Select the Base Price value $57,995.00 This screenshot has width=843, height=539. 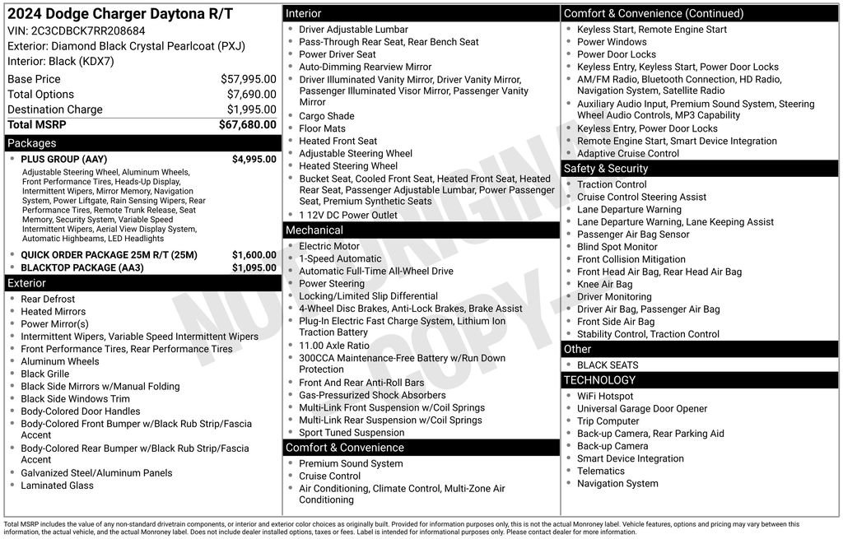[x=248, y=79]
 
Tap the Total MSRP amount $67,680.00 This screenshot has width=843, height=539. [x=247, y=124]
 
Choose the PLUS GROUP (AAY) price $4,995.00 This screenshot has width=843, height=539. [x=254, y=160]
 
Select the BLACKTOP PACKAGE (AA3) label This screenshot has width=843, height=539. [x=82, y=267]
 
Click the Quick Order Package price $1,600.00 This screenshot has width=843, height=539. [x=254, y=255]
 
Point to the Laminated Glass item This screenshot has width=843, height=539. [x=57, y=486]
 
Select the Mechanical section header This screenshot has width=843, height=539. [x=314, y=230]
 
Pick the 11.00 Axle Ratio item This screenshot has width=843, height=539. [x=334, y=346]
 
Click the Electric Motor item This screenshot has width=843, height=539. [x=329, y=246]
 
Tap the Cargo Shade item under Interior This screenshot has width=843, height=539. [x=326, y=116]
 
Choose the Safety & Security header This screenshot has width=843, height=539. [x=605, y=169]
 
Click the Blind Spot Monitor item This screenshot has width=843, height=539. [x=617, y=247]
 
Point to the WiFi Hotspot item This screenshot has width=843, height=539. [x=605, y=396]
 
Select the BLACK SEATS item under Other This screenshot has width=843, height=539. [x=608, y=365]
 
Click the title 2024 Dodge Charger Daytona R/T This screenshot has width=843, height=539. [x=120, y=14]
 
